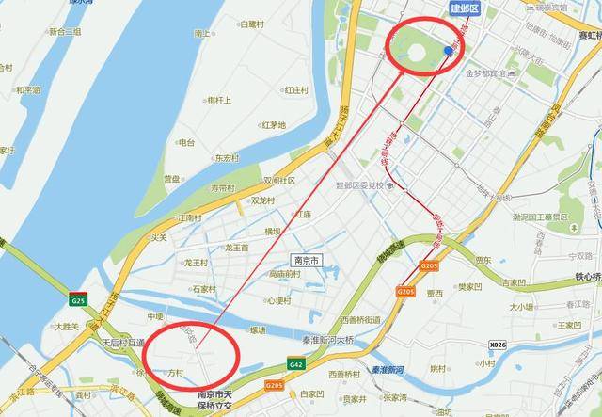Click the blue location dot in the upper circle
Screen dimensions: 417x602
pos(448,50)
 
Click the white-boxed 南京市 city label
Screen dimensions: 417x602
pos(307,259)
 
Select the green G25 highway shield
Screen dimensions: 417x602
pos(77,300)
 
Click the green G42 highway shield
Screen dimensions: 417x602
pos(296,363)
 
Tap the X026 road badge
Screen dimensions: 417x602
pos(498,345)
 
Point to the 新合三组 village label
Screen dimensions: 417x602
pos(63,31)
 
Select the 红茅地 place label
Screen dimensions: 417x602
pos(274,125)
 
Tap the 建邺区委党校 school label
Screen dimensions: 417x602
pos(362,185)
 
